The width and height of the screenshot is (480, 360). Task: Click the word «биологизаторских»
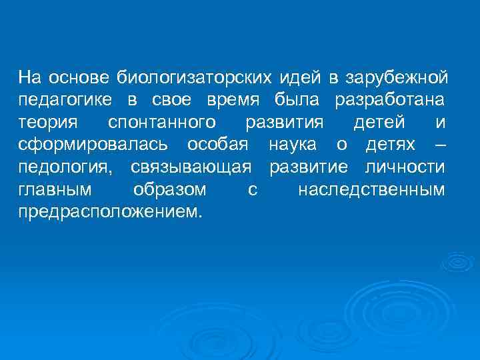(x=195, y=79)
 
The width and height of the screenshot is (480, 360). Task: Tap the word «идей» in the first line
(x=300, y=79)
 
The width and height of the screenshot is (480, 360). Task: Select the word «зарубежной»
(x=395, y=79)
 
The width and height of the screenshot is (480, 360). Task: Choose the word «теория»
(x=48, y=123)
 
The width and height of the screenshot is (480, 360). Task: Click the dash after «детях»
(x=440, y=145)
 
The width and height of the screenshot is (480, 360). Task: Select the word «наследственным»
(x=371, y=190)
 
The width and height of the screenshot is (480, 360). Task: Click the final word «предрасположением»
(x=109, y=213)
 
